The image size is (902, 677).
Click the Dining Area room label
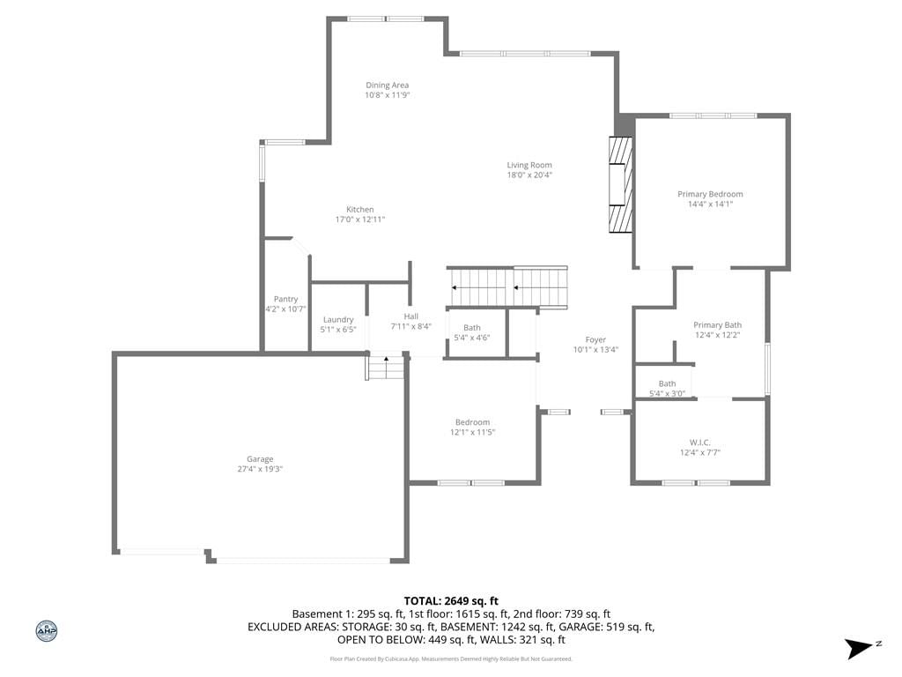tap(388, 86)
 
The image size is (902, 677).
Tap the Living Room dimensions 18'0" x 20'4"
tap(529, 175)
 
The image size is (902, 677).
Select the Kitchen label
tap(360, 210)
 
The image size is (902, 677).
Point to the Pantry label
tap(286, 300)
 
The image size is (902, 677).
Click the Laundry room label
tap(338, 319)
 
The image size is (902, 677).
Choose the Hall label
tap(410, 316)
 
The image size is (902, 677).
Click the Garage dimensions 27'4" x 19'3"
tap(260, 469)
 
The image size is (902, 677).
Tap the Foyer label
tap(595, 339)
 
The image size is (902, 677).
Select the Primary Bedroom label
tap(710, 194)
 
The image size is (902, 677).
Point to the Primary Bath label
tap(717, 324)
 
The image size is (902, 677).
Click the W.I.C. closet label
tap(700, 443)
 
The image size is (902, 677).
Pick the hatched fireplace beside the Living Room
tap(621, 184)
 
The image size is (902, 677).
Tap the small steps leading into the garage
tap(385, 368)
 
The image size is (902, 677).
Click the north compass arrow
tap(860, 648)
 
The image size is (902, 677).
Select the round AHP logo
tap(47, 631)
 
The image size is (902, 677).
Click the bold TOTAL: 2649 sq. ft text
tap(451, 601)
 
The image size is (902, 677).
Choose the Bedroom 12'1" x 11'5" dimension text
tap(472, 432)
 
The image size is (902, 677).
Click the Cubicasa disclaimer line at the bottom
tap(451, 659)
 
